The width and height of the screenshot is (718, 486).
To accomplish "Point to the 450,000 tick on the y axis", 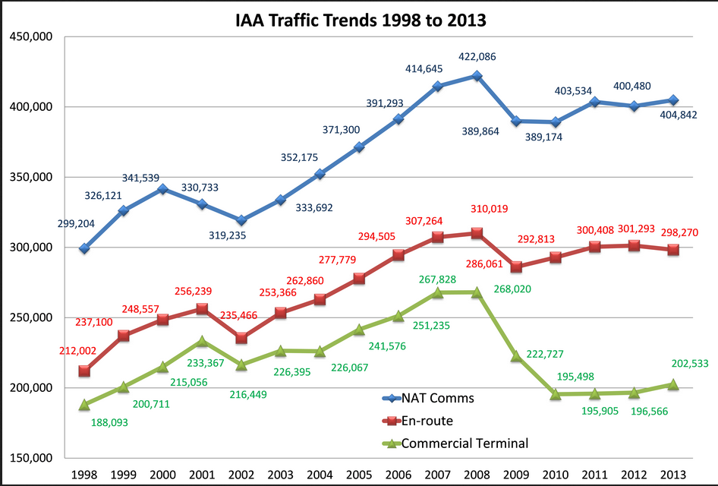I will (x=31, y=37).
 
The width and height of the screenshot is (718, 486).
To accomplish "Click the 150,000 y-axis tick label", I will (x=31, y=458).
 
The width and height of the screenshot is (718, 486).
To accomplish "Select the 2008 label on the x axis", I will (x=477, y=475).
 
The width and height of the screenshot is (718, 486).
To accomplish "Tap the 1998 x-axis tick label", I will (x=84, y=475).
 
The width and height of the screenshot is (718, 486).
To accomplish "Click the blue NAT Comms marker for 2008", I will (x=477, y=76).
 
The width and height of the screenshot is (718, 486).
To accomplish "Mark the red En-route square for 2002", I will (x=241, y=338).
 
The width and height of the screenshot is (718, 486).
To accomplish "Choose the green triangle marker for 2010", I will (x=556, y=394).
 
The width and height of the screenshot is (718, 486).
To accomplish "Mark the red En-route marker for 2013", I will (x=673, y=250).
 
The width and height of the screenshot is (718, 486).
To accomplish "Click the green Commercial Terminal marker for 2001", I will (x=202, y=342).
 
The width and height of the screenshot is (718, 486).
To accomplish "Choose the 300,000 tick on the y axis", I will (x=31, y=248).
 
